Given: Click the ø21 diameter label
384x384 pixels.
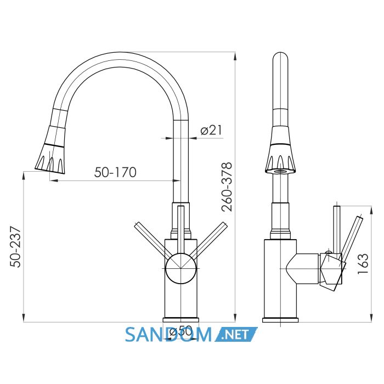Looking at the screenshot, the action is pos(211,130).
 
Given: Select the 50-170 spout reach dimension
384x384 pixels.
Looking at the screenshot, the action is pos(115,172).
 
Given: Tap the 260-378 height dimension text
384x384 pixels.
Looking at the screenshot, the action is pos(227,187).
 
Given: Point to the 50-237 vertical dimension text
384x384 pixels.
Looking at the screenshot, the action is pos(15,247).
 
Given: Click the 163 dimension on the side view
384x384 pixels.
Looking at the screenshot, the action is pos(363,263).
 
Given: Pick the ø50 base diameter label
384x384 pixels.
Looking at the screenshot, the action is pos(180,332).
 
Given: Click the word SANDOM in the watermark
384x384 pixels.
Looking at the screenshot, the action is pos(168,334).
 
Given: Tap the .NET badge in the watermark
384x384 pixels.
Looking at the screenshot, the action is pos(236,334).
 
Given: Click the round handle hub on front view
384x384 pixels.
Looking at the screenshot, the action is pos(180,268).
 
